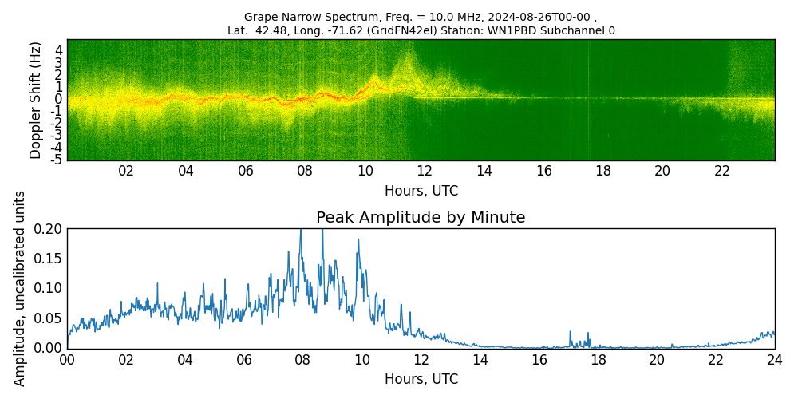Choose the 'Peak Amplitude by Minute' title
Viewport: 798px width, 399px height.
tap(421, 218)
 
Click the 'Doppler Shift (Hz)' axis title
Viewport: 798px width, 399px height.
tap(36, 100)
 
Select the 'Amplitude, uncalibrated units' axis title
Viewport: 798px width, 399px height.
tap(20, 288)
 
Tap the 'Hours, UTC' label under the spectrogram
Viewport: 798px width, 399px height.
tap(421, 192)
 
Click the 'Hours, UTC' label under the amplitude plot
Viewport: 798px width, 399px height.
tap(421, 379)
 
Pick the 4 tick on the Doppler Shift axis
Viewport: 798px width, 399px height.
tap(59, 49)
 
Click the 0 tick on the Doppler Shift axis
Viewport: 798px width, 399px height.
tap(59, 99)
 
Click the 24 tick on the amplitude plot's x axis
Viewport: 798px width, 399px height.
tap(774, 360)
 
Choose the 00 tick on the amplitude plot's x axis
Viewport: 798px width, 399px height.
tap(67, 360)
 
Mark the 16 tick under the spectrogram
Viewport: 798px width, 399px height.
tap(544, 171)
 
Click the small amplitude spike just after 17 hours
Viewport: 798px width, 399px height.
tap(571, 333)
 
